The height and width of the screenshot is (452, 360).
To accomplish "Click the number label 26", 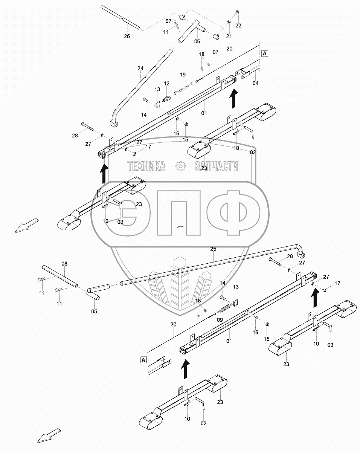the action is coord(127,36).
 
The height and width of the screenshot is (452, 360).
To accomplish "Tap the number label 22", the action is coord(238,25).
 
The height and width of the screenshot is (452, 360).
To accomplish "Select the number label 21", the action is coord(229,36).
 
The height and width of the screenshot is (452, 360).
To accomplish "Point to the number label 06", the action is coord(197,42).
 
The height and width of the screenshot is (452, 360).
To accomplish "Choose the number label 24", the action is coord(140,68).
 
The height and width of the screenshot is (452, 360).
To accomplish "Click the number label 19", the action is coord(183,74).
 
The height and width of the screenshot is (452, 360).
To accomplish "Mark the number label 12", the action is coord(166,83).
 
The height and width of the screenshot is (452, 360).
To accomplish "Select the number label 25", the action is coord(213,249).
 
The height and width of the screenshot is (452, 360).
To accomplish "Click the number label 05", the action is coord(94,311).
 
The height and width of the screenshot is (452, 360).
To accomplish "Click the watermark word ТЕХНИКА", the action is coord(146,166).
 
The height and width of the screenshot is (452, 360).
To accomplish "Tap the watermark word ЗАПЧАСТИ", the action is coord(217,166).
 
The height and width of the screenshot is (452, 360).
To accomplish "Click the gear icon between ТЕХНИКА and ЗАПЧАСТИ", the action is coord(180,166).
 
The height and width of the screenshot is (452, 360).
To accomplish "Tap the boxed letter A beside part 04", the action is coord(265,53).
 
